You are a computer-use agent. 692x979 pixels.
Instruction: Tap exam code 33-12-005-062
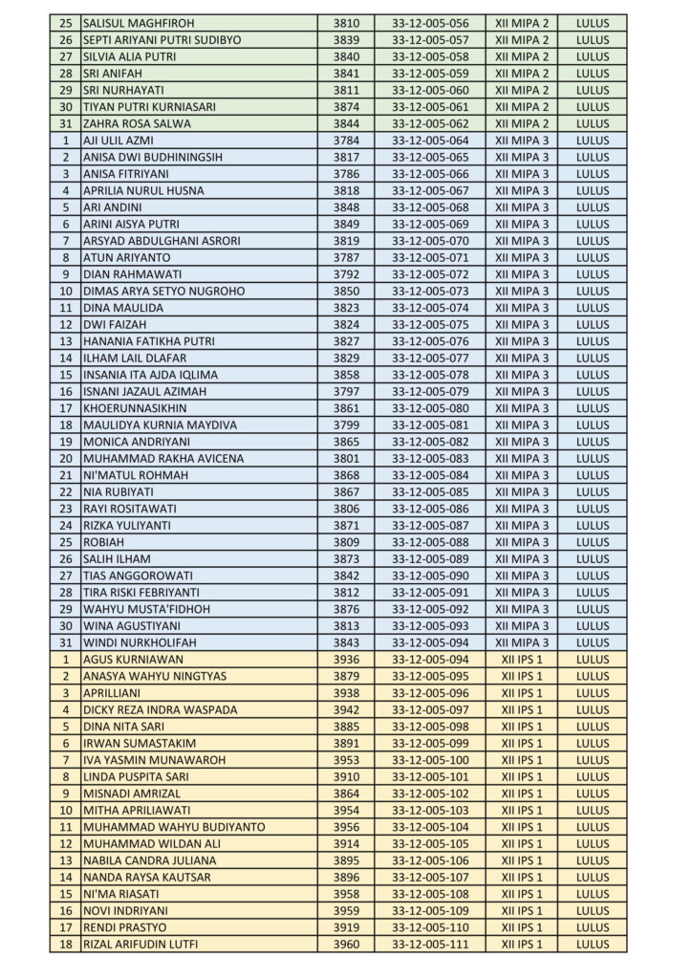(x=430, y=123)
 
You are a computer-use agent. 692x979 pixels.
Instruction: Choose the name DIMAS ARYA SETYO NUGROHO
(x=163, y=291)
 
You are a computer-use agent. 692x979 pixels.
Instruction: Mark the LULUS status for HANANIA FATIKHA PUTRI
(x=593, y=341)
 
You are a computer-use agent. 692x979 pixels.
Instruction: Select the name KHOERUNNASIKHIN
(x=135, y=408)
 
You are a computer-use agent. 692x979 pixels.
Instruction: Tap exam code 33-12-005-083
(x=430, y=458)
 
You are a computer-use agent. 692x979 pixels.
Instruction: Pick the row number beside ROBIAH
(x=66, y=542)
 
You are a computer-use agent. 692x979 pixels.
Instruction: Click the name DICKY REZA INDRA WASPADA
(x=160, y=709)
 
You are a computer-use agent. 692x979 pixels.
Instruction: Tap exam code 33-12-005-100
(x=430, y=759)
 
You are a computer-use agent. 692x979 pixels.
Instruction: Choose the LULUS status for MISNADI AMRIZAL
(x=593, y=793)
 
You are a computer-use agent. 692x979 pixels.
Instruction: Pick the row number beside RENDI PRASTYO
(x=66, y=926)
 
